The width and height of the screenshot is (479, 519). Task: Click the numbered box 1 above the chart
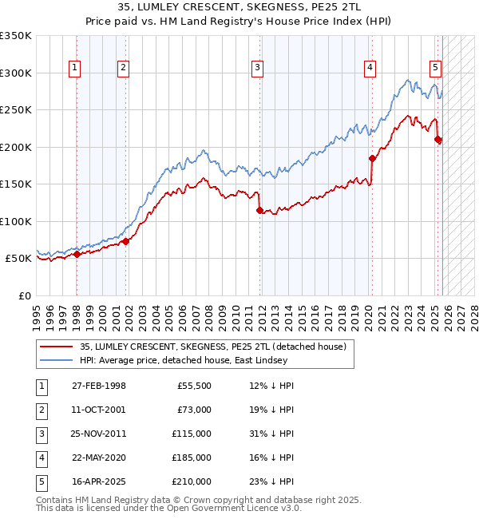coord(73,69)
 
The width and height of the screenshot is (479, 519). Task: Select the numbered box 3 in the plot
coord(258,69)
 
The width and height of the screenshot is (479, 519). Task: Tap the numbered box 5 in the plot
coord(435,69)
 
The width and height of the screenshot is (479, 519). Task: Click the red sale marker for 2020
coord(372,158)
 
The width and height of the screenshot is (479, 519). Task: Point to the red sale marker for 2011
coord(259,211)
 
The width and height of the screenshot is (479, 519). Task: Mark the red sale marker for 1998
coord(77,255)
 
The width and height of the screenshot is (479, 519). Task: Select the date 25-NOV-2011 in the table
coord(99,434)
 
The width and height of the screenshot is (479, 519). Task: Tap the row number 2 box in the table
coord(41,410)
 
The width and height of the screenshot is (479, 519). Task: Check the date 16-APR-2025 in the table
coord(99,481)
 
